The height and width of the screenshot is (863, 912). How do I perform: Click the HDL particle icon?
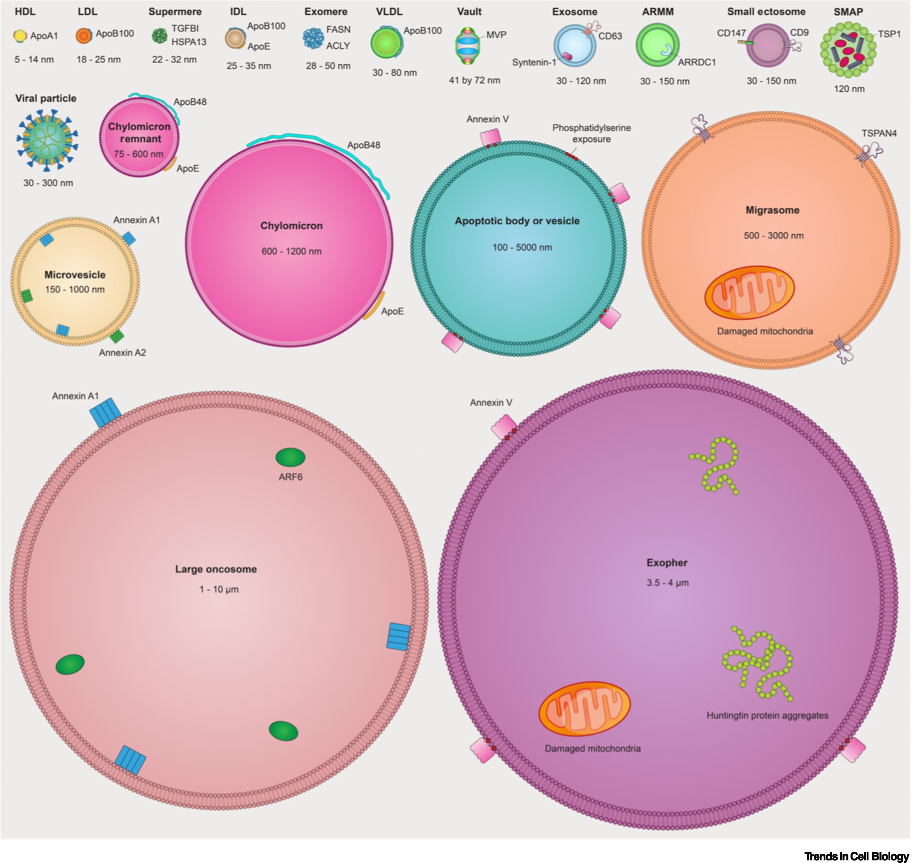20,36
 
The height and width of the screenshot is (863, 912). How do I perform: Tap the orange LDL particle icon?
84,35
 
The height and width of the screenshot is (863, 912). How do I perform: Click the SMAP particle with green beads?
848,51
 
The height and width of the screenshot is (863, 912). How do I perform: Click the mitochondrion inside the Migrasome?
750,292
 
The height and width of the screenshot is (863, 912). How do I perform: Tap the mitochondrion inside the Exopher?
584,709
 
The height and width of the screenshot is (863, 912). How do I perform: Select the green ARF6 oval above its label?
290,457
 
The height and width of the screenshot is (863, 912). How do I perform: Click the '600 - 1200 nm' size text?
291,251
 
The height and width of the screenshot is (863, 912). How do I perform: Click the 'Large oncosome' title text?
216,569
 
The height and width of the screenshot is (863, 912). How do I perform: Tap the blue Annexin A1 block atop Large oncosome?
105,413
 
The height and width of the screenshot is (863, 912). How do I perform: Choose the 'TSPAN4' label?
879,134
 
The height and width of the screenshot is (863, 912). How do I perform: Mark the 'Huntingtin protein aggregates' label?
767,715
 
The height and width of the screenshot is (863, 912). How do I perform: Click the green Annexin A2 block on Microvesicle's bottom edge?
117,336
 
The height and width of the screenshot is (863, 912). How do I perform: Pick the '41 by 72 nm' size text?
475,80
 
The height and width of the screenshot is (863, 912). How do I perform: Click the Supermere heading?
175,11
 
